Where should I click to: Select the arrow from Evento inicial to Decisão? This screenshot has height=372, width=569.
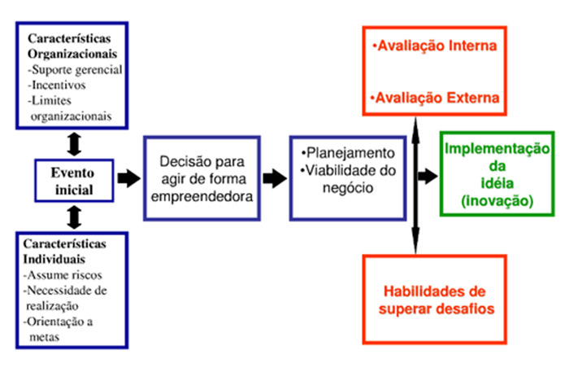tap(128, 178)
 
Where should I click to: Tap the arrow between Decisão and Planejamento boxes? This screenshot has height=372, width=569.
tap(275, 178)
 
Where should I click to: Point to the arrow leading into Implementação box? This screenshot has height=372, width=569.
tap(428, 176)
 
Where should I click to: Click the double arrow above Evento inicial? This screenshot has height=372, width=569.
tap(75, 144)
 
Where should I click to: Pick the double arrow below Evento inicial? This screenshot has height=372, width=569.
tap(75, 217)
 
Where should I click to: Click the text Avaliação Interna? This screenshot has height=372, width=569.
tap(434, 46)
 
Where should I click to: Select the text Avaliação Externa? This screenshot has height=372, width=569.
tap(435, 98)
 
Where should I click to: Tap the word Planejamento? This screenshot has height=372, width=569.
tap(350, 153)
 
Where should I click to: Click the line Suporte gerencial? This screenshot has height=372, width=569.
tap(75, 70)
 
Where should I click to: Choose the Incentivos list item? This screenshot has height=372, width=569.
tap(57, 85)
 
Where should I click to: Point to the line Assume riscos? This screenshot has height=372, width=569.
tap(63, 275)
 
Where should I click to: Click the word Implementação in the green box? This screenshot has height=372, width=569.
tap(497, 149)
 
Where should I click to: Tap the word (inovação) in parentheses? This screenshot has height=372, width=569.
tap(497, 201)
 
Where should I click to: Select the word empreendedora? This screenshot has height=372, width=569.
tap(202, 196)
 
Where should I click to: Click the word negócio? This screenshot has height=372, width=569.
tap(348, 188)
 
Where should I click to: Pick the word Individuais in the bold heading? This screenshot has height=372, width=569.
tap(54, 260)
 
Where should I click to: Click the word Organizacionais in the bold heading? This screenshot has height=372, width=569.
tap(72, 54)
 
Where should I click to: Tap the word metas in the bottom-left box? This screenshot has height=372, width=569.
tap(44, 337)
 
